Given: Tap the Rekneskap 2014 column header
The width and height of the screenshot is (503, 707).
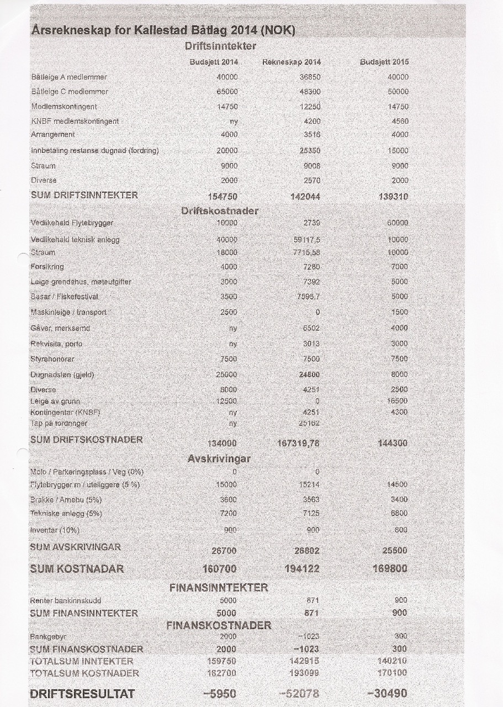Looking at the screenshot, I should tap(292, 62).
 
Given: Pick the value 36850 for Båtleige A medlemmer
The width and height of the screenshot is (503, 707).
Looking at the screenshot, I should tap(310, 77).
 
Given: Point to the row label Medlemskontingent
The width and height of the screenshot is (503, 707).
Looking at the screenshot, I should tap(64, 106).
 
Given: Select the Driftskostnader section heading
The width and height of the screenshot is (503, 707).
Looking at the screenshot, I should tap(220, 210).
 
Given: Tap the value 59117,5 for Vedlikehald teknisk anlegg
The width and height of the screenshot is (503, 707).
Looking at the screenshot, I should tap(307, 240).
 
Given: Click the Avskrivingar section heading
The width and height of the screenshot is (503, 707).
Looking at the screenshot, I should tap(220, 458).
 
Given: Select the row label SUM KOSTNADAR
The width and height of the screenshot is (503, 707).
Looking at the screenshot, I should tap(77, 568).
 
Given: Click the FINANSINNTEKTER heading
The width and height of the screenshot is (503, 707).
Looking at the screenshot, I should tap(219, 588).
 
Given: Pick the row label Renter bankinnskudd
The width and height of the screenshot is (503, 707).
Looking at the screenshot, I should tap(66, 600).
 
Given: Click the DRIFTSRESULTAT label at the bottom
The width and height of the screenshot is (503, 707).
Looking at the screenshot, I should tap(82, 694).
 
